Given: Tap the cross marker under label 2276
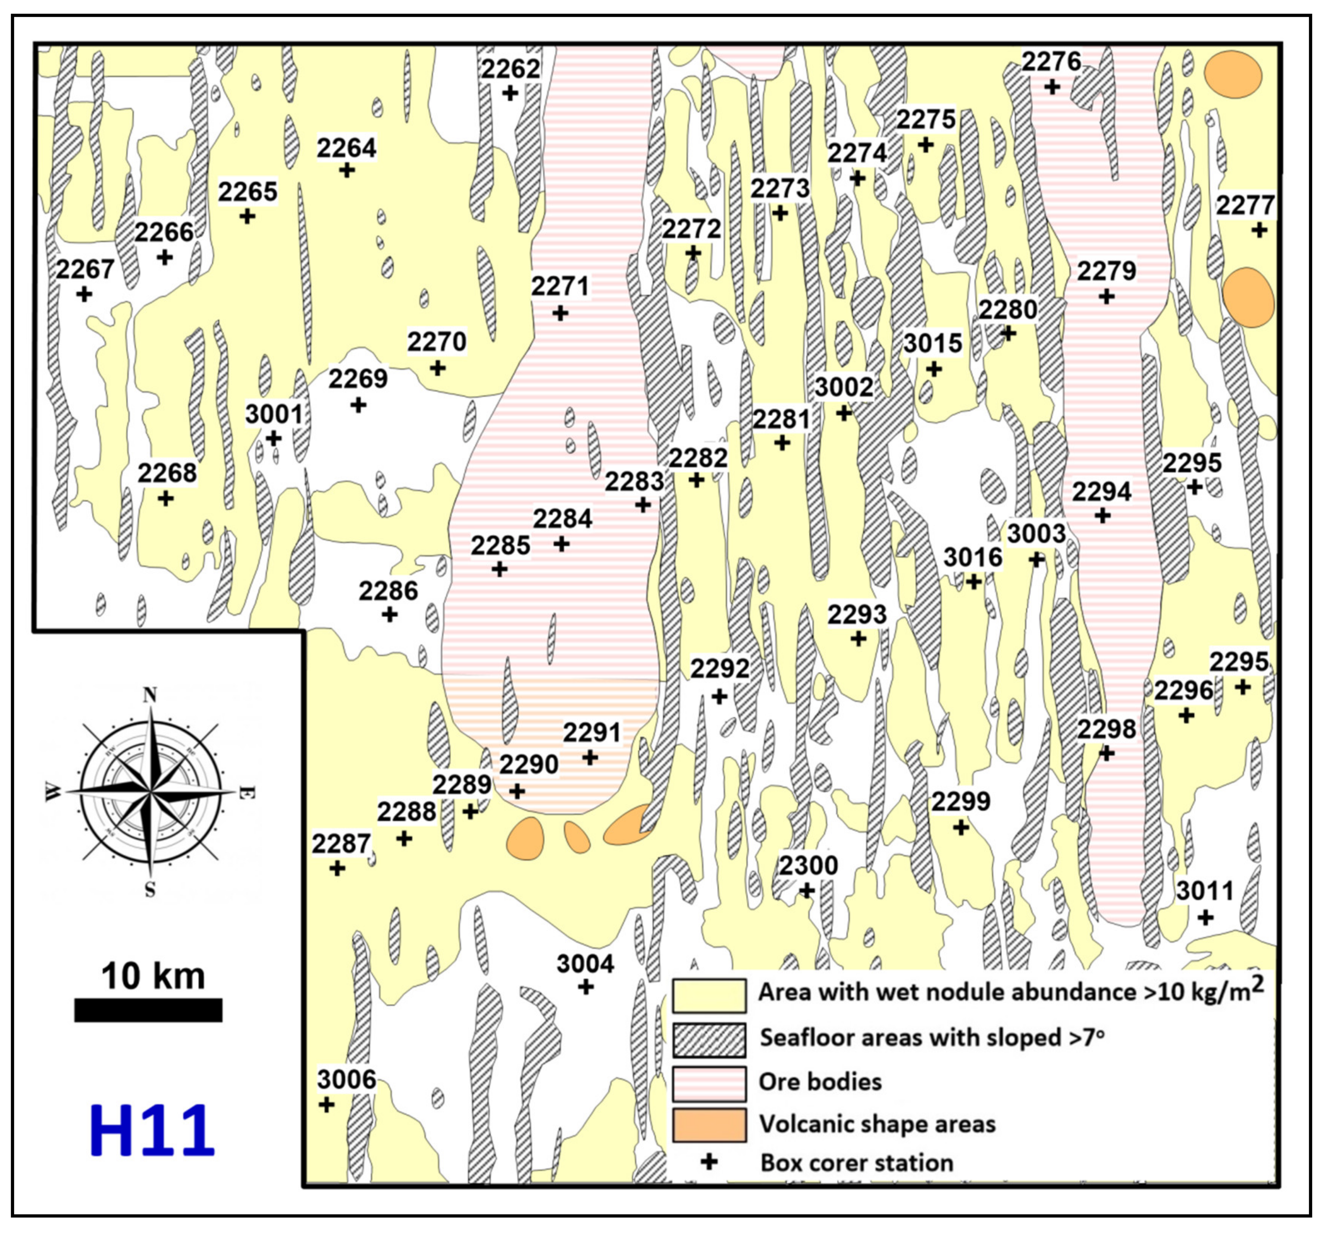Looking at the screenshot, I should click(1052, 87).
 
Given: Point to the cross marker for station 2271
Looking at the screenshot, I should click(560, 313).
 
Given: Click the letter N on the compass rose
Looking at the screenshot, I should click(150, 695).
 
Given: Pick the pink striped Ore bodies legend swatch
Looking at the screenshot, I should click(708, 1084).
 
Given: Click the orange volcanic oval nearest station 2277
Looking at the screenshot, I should click(1248, 298).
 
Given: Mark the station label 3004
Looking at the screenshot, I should click(585, 963).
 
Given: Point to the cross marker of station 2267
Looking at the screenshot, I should click(84, 293).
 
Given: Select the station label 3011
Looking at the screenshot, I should click(1204, 890).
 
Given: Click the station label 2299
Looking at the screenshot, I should click(960, 801).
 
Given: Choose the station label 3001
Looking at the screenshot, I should click(274, 414).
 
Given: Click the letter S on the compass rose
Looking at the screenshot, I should click(150, 889).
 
